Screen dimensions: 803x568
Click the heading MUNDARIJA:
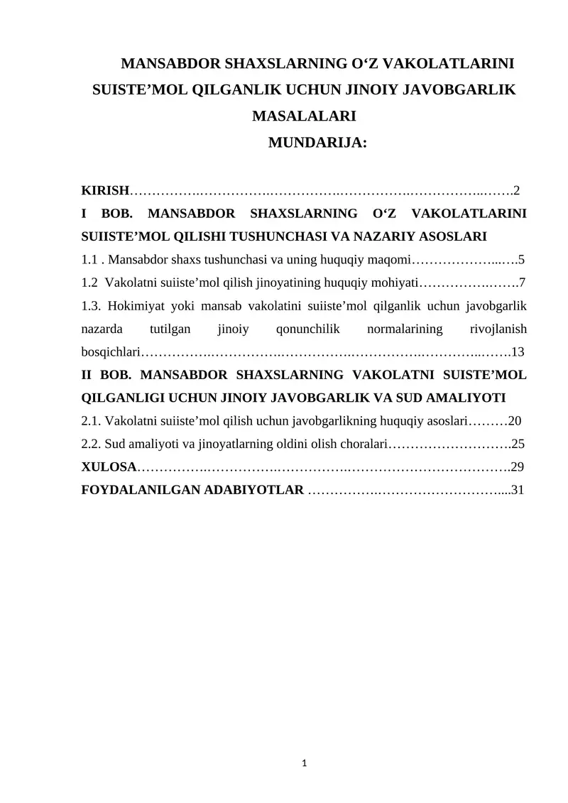pyautogui.click(x=318, y=142)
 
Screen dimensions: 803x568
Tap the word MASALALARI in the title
pyautogui.click(x=305, y=116)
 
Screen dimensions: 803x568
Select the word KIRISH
pyautogui.click(x=106, y=190)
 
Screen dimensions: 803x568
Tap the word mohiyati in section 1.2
pyautogui.click(x=395, y=283)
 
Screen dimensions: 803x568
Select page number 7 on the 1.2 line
pyautogui.click(x=522, y=283)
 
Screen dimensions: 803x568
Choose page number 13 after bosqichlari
pyautogui.click(x=518, y=351)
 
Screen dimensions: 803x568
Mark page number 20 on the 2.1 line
pyautogui.click(x=515, y=421)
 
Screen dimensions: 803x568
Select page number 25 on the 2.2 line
pyautogui.click(x=518, y=444)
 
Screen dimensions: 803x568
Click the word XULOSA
pyautogui.click(x=109, y=467)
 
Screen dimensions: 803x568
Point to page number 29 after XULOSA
pyautogui.click(x=518, y=467)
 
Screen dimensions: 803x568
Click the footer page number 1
pyautogui.click(x=305, y=763)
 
